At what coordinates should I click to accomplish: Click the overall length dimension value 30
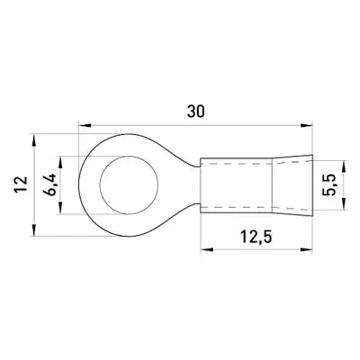[x=196, y=111]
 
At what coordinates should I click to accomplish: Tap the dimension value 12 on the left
[x=22, y=184]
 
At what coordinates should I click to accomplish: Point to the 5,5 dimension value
[x=329, y=185]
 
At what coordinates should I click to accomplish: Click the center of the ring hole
[x=129, y=185]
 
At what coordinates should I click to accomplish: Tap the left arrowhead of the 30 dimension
[x=85, y=125]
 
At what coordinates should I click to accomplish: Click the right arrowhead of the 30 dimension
[x=307, y=125]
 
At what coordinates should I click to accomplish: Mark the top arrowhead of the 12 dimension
[x=34, y=140]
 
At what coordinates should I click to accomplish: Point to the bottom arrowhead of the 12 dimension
[x=34, y=230]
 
